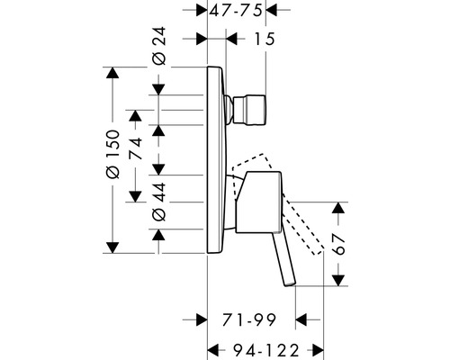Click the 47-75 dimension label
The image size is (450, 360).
(x=238, y=12)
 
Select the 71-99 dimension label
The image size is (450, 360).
(x=247, y=319)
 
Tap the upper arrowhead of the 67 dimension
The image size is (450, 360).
(x=338, y=209)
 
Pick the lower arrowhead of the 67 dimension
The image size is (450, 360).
(x=338, y=280)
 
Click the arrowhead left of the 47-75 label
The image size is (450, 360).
(x=200, y=12)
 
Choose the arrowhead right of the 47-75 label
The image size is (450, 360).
(x=275, y=12)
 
